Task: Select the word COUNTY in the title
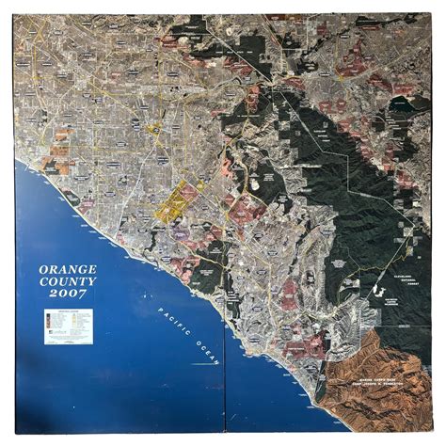(x=65, y=281)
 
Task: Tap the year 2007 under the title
(x=65, y=295)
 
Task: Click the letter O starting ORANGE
(x=44, y=269)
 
